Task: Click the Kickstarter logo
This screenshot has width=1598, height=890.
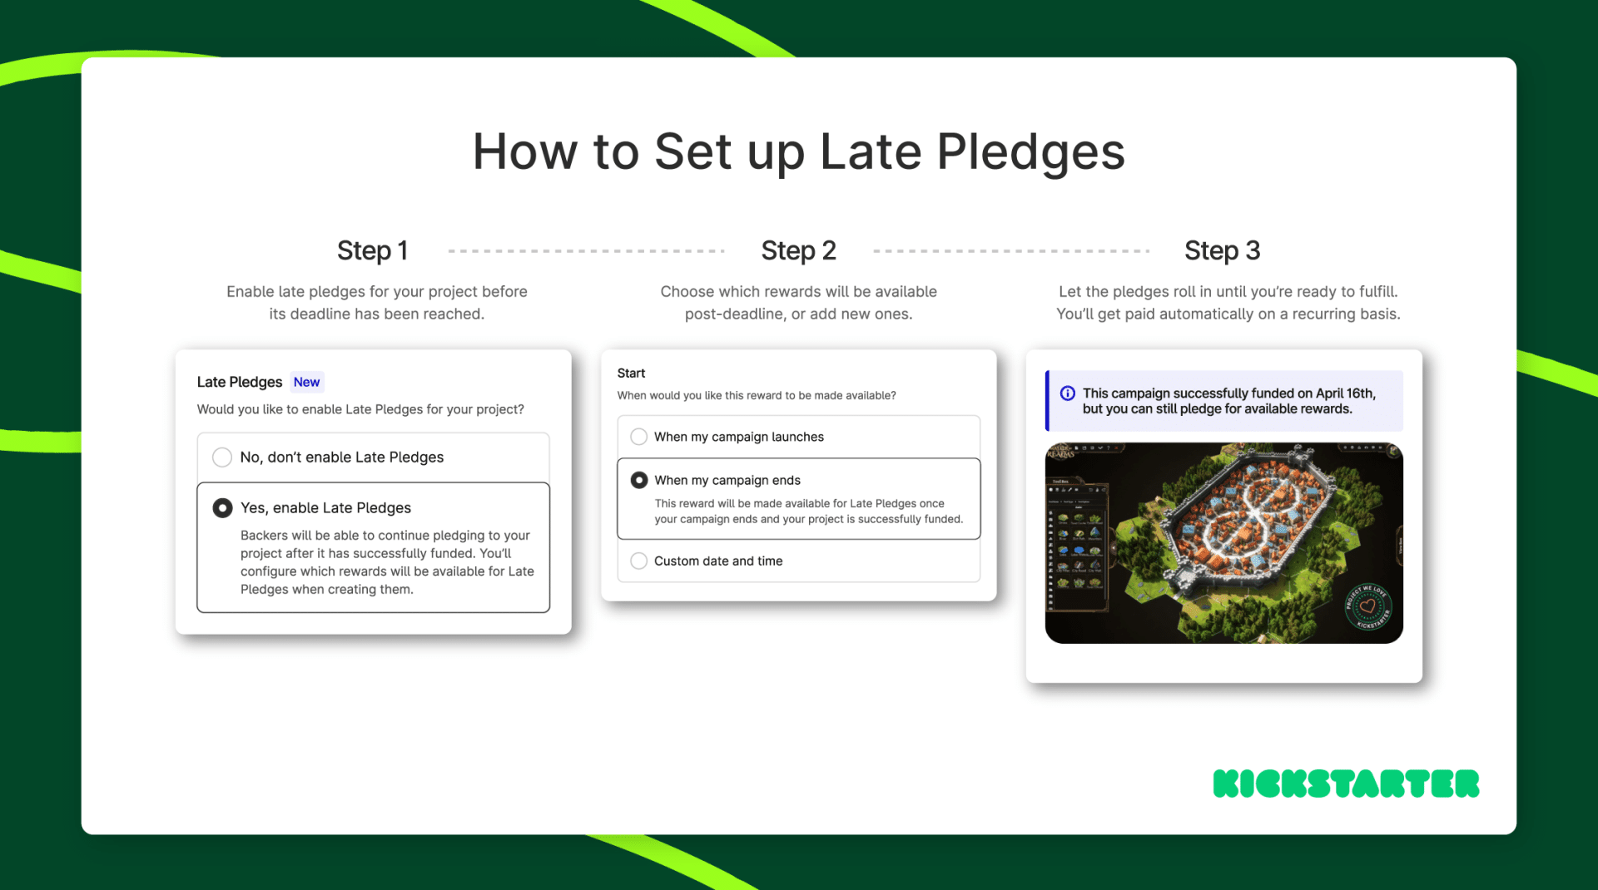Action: pyautogui.click(x=1346, y=784)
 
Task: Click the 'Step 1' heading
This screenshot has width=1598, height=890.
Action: pyautogui.click(x=372, y=250)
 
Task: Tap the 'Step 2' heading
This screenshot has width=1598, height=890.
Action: pyautogui.click(x=798, y=250)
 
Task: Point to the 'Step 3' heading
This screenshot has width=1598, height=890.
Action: pyautogui.click(x=1222, y=250)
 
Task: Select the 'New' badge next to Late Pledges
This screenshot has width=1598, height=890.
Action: pyautogui.click(x=306, y=382)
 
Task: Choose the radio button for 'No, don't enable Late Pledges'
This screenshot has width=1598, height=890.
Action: pyautogui.click(x=222, y=457)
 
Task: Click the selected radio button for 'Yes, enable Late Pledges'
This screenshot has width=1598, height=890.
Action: pyautogui.click(x=222, y=508)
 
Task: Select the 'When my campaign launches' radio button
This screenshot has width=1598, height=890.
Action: pyautogui.click(x=639, y=437)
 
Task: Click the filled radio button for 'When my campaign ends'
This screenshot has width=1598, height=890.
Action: pyautogui.click(x=639, y=480)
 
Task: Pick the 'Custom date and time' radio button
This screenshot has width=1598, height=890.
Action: pyautogui.click(x=639, y=561)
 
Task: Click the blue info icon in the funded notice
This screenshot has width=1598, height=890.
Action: pyautogui.click(x=1067, y=393)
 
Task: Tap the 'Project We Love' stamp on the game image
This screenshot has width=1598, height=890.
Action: pyautogui.click(x=1367, y=607)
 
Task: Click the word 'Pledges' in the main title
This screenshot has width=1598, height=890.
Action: pyautogui.click(x=1030, y=152)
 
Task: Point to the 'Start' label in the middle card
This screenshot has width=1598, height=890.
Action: pyautogui.click(x=631, y=373)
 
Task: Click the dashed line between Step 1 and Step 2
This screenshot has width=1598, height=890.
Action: pyautogui.click(x=586, y=250)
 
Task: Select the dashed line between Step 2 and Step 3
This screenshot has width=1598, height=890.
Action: pyautogui.click(x=1011, y=250)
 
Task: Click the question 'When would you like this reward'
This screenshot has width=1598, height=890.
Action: pyautogui.click(x=756, y=396)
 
